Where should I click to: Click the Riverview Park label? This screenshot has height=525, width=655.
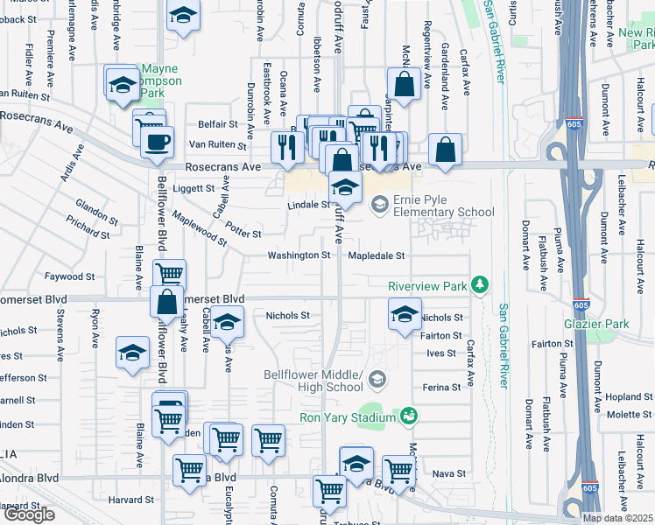428,286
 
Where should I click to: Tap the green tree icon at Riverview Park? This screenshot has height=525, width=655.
479,285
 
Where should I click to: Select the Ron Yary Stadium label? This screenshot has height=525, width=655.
347,417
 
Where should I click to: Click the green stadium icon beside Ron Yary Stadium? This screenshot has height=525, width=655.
407,416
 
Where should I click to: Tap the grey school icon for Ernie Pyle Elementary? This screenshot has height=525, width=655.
379,206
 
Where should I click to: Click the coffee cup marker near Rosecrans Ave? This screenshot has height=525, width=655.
157,143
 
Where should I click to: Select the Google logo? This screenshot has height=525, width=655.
29,514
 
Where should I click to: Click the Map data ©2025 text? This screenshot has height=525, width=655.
617,518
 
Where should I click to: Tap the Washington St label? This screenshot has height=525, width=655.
299,255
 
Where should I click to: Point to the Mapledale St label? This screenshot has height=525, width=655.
377,256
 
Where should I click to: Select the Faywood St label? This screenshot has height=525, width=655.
70,276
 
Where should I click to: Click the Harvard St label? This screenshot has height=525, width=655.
131,500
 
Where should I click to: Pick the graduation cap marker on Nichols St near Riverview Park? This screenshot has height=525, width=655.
405,315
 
